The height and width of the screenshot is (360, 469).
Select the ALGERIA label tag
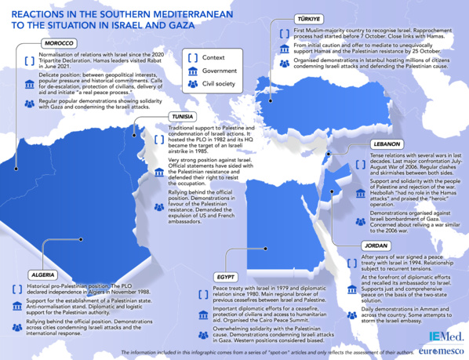42,275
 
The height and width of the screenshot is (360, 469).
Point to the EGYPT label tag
227,278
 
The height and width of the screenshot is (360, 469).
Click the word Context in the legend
213,57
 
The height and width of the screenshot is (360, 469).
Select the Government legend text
220,71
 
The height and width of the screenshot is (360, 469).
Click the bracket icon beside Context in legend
191,57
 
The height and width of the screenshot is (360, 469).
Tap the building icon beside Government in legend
191,71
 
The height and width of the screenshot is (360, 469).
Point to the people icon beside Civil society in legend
191,84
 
